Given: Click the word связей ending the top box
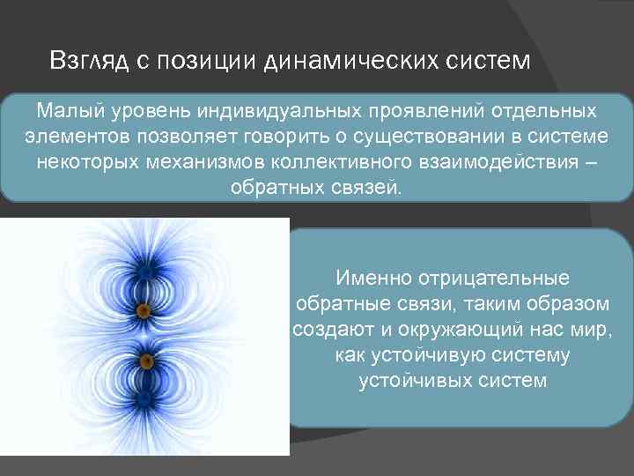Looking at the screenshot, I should coord(366,189).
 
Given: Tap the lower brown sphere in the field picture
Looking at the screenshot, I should coord(146,361).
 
